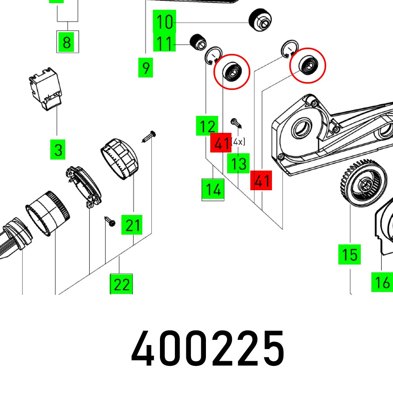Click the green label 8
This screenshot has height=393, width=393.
coord(67,42)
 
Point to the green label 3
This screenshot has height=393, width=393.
coord(58,150)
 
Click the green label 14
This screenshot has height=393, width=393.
coord(213,190)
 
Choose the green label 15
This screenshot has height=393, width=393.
coord(349,254)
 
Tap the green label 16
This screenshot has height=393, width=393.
coord(382,282)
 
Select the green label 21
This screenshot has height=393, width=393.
coord(132,226)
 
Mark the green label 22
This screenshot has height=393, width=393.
coord(121,284)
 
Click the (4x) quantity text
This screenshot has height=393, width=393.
coord(239,141)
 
